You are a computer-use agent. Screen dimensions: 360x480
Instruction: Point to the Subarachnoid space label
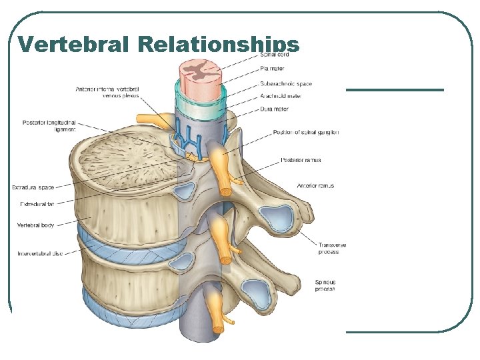286,84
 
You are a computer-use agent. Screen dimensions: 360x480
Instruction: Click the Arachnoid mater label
281,96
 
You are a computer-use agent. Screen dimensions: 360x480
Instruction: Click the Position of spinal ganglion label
305,133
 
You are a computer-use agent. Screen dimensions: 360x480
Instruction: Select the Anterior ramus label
315,186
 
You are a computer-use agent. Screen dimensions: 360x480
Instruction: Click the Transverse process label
332,249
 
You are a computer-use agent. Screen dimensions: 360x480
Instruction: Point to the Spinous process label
325,286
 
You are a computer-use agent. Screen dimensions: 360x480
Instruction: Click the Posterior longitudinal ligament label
49,126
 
